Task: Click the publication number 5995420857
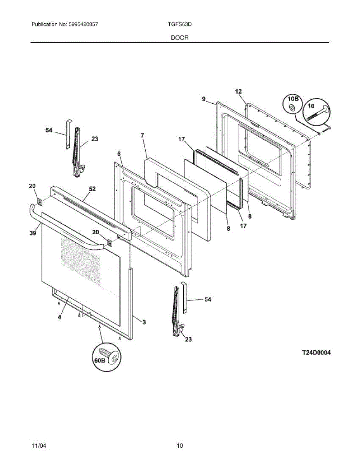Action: coord(82,24)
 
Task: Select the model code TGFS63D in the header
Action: coord(179,24)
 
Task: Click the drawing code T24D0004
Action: coord(317,353)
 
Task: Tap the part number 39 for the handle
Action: coord(33,233)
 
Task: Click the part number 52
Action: coord(92,189)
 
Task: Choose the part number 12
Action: coord(238,91)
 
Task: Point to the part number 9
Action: coord(203,99)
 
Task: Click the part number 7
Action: coord(142,135)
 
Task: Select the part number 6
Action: coord(119,154)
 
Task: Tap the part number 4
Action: coord(59,317)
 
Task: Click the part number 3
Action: coord(144,322)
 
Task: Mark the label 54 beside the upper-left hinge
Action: coord(49,130)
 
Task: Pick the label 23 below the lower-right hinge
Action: coord(188,339)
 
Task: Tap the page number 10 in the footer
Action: coord(180,445)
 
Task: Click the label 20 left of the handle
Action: coord(32,186)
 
